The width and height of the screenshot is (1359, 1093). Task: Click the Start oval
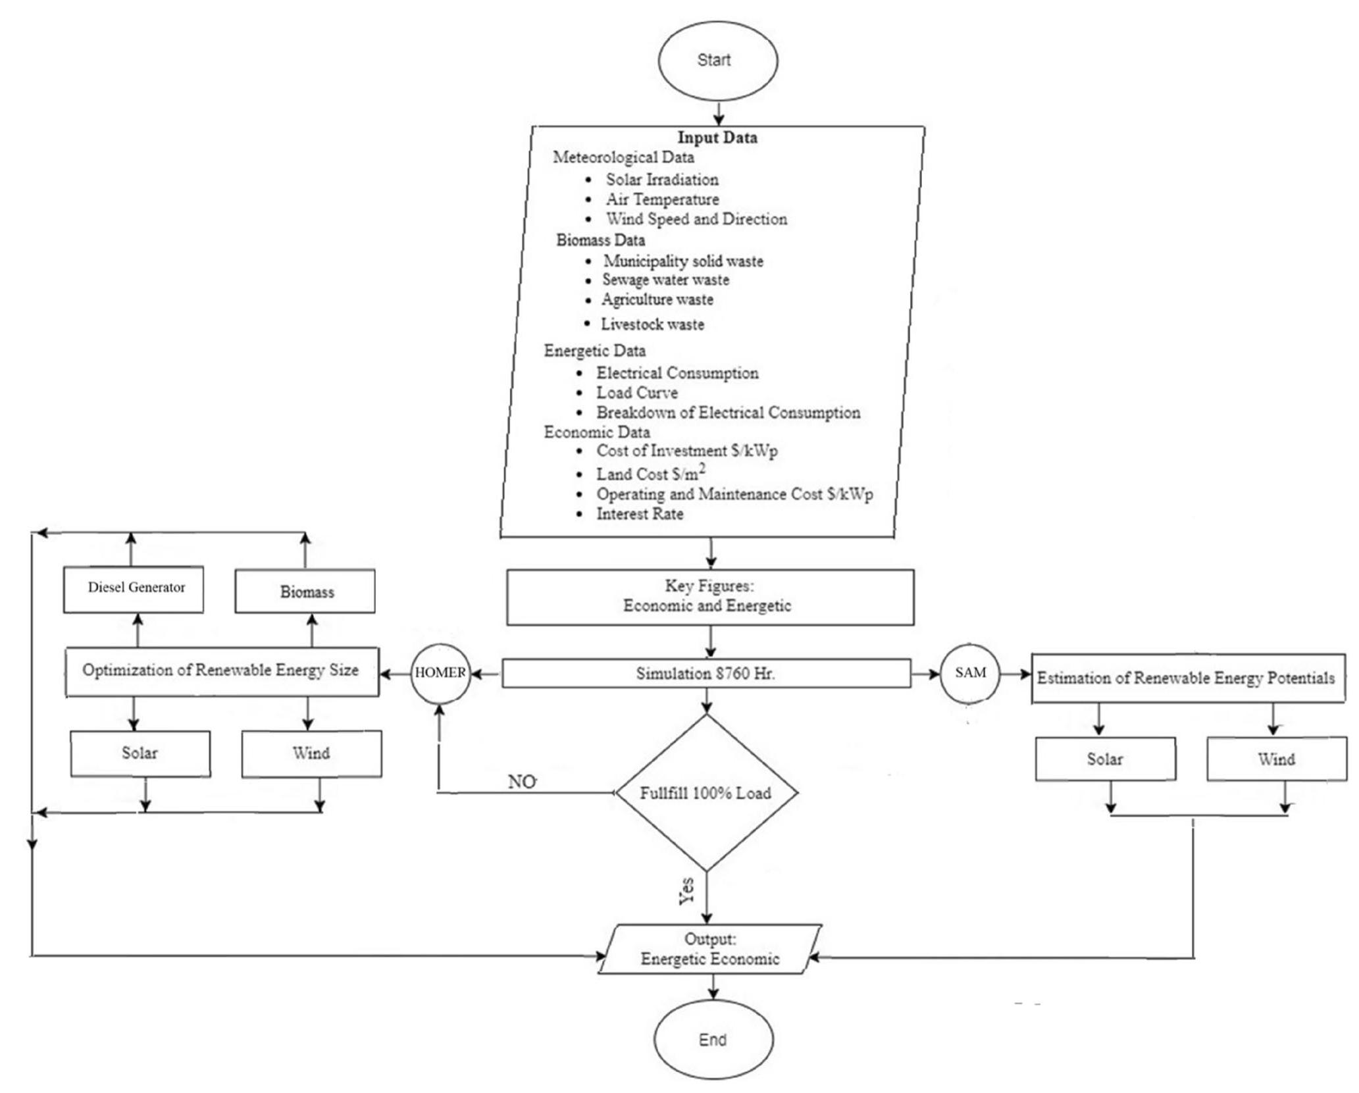[717, 60]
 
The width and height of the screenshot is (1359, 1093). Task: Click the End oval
[713, 1040]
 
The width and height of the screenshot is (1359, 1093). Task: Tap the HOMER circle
[440, 673]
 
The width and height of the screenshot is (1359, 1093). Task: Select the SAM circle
[970, 673]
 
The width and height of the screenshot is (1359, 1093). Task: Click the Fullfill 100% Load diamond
[706, 793]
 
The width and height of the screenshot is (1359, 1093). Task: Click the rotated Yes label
[686, 891]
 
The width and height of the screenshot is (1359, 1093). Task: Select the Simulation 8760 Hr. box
[706, 674]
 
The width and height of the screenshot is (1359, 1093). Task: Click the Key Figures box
[709, 596]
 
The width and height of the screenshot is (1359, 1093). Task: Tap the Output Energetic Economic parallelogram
[709, 949]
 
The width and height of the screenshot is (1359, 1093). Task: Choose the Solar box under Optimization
[140, 753]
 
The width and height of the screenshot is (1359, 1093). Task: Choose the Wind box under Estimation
[1276, 759]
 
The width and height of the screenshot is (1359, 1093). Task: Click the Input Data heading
[717, 138]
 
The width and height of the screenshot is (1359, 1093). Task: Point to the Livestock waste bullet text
[652, 324]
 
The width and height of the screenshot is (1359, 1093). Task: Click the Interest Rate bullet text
[640, 514]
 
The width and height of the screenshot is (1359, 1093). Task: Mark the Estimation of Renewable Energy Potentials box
[1187, 678]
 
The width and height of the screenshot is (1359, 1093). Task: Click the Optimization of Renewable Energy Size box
[222, 671]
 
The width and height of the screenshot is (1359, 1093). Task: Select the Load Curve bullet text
[637, 393]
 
